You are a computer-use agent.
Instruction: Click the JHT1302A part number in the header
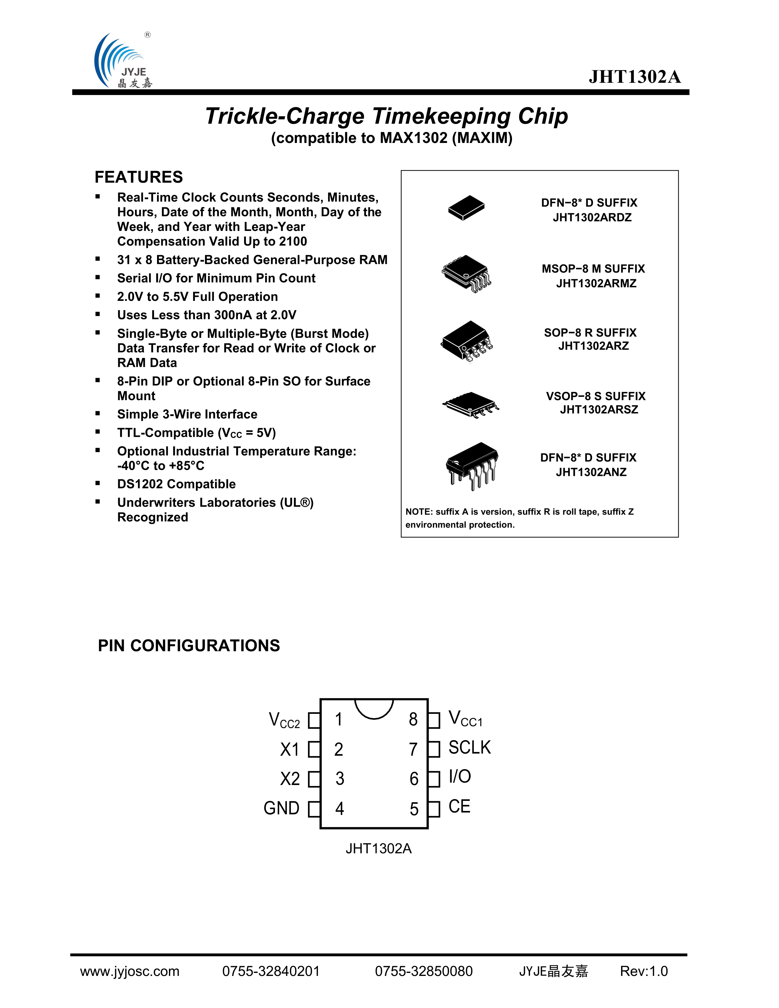click(x=635, y=77)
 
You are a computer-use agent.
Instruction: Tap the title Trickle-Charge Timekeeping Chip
click(x=386, y=116)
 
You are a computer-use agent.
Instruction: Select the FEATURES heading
click(x=138, y=177)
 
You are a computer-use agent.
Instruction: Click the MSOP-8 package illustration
click(x=466, y=274)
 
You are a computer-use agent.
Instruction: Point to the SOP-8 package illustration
click(x=466, y=340)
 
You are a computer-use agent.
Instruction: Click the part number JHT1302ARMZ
click(x=596, y=283)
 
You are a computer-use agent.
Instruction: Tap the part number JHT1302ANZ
click(x=591, y=472)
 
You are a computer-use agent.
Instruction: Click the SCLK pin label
click(x=469, y=748)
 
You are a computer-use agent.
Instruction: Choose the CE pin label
click(x=459, y=806)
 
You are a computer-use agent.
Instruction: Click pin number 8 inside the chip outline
click(x=413, y=719)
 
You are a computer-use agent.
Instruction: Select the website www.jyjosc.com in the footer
click(x=130, y=971)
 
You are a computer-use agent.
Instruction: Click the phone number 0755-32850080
click(x=424, y=971)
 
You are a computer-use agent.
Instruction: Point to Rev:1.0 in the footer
click(x=644, y=971)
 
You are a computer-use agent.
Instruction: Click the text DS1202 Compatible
click(x=176, y=484)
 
